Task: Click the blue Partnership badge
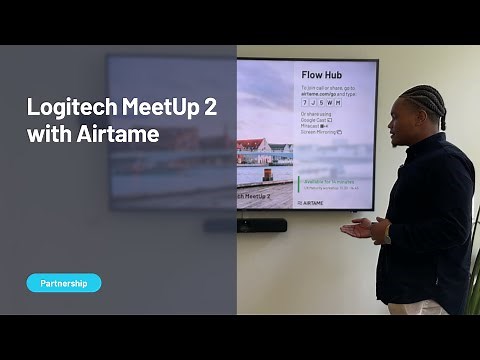[x=64, y=283]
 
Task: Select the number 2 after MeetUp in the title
[x=210, y=108]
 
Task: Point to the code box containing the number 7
[x=306, y=102]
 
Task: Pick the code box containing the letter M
[x=338, y=102]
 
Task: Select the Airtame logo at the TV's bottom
[x=311, y=202]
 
